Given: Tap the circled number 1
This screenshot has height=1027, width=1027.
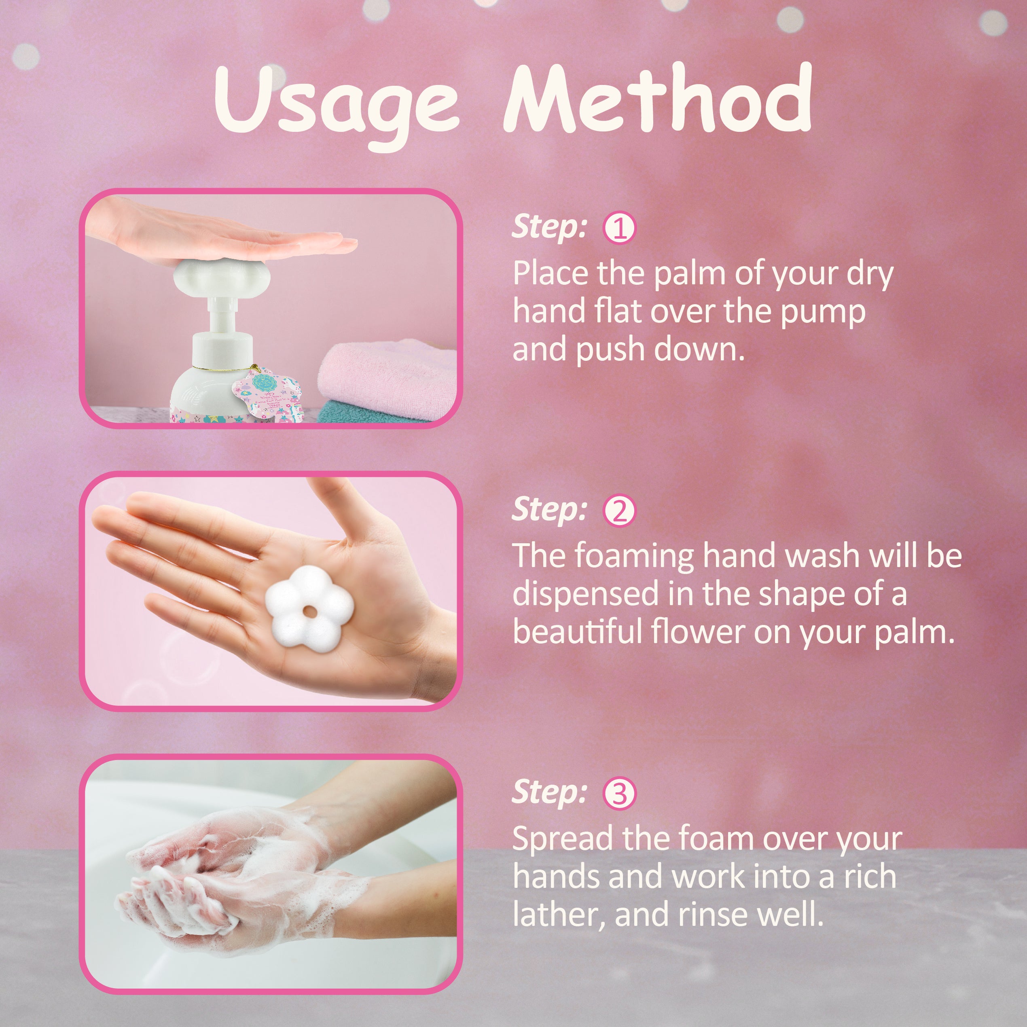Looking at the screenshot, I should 619,228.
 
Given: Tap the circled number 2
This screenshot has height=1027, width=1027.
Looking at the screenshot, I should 619,511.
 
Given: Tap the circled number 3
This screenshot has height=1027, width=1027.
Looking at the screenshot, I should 619,794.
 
